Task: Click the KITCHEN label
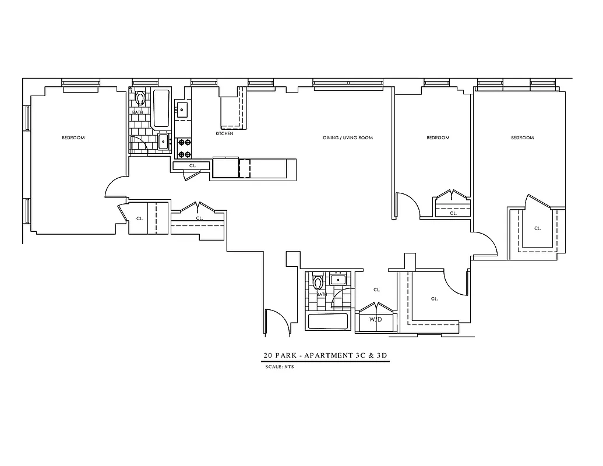(224, 133)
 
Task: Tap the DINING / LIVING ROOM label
(348, 138)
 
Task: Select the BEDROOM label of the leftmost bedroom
(73, 138)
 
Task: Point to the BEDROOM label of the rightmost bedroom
(522, 138)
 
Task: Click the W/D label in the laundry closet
(376, 320)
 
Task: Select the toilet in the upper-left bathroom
(140, 97)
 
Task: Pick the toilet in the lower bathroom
(318, 283)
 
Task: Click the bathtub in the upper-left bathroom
(161, 108)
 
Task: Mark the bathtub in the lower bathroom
(327, 322)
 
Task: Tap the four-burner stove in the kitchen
(184, 148)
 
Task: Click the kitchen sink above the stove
(182, 108)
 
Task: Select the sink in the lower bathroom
(338, 280)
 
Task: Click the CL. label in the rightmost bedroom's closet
(537, 228)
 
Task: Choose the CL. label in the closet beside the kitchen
(192, 166)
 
